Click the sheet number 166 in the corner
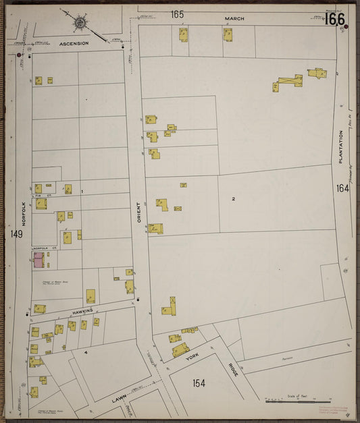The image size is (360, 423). pos(334,20)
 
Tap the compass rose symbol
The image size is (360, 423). pos(80,23)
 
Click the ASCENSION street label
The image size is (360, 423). pos(74,43)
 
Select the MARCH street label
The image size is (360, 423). pos(234,18)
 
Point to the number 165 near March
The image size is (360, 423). pos(177,14)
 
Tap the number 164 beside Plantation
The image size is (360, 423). pos(342,188)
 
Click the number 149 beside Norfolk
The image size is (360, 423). pos(16,234)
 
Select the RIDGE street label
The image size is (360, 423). pos(234,370)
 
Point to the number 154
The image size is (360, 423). pos(199,383)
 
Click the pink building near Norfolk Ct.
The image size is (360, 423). pos(38,261)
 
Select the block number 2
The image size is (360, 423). pos(233,198)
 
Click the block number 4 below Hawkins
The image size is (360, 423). pos(86,352)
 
